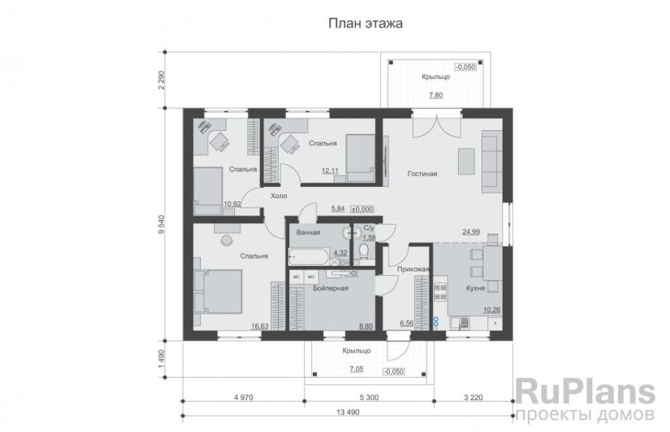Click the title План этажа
coord(365,24)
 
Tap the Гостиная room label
coord(422,174)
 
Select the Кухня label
coord(475,288)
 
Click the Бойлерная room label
coord(330,288)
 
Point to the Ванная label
coord(308,233)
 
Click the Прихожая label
coord(414,269)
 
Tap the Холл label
coord(279,196)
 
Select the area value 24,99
coord(471,232)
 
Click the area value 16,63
coord(260,326)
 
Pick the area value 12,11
coord(330,171)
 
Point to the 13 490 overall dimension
coord(348,412)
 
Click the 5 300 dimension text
coord(369,397)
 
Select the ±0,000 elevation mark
coord(362,209)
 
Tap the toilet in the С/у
coord(364,251)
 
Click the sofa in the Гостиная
coord(492,161)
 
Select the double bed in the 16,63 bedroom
coord(218,291)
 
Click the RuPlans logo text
coord(586,392)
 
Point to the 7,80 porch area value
coord(436,95)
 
